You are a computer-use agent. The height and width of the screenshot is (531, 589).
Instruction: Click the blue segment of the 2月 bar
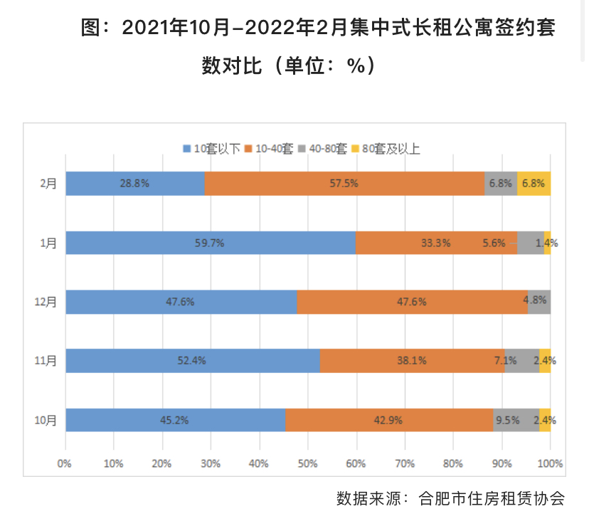tap(135, 184)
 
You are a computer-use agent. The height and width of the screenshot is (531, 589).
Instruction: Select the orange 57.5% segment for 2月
tap(344, 184)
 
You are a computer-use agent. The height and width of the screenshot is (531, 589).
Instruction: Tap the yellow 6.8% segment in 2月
tap(534, 184)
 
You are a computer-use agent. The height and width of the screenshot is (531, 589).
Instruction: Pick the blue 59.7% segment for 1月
tap(210, 243)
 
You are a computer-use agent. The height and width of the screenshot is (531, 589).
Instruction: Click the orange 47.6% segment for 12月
tap(412, 302)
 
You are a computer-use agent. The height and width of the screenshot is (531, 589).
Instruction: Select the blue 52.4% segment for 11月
tap(192, 361)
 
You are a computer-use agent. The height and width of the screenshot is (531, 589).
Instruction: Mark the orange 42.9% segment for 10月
tap(389, 420)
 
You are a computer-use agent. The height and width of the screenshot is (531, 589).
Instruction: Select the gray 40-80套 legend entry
tap(323, 149)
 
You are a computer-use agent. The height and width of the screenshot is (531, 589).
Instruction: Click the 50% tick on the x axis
tap(307, 463)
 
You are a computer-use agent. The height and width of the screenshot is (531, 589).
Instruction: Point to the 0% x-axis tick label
tap(65, 463)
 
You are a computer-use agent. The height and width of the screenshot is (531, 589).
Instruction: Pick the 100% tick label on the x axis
tap(549, 463)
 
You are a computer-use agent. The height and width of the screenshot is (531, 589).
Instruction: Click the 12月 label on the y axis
tap(46, 302)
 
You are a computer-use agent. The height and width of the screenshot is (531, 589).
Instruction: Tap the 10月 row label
tap(46, 420)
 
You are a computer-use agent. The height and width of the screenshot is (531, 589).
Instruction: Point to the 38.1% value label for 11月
tap(412, 361)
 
